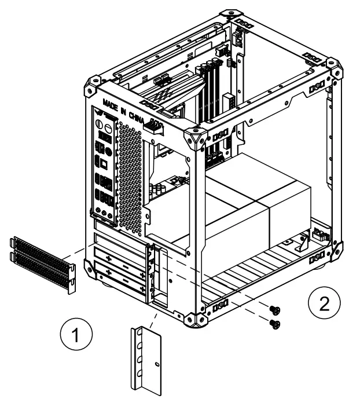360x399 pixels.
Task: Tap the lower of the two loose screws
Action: click(x=275, y=324)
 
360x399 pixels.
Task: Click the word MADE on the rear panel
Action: click(x=111, y=106)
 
